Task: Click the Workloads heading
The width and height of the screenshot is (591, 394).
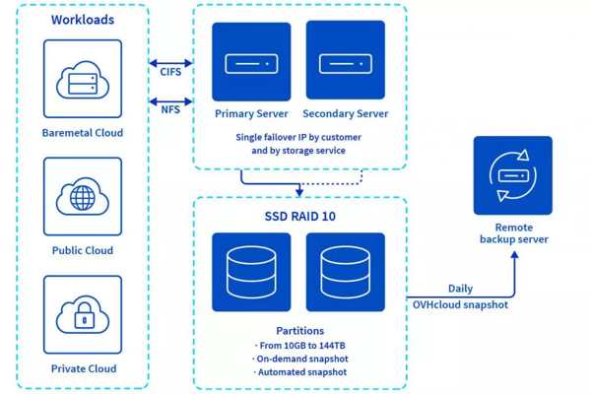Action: click(83, 20)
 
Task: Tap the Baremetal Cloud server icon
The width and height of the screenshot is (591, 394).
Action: click(83, 79)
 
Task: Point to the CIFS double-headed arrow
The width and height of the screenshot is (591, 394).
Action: click(170, 63)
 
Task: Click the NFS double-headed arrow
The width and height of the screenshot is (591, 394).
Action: click(170, 101)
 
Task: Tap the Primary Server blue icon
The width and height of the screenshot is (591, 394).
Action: click(251, 62)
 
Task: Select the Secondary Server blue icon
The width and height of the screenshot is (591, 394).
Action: click(346, 60)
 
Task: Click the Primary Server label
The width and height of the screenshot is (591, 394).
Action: click(251, 113)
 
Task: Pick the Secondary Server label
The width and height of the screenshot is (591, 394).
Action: click(346, 113)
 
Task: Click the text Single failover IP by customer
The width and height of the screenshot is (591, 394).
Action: click(298, 137)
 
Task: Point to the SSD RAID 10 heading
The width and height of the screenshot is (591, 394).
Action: click(300, 216)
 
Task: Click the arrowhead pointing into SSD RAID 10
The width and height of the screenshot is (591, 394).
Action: click(299, 192)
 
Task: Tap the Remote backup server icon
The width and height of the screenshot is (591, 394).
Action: click(513, 175)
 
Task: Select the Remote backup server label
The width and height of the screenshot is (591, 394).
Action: click(514, 233)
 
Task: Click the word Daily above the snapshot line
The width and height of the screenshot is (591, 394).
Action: click(460, 289)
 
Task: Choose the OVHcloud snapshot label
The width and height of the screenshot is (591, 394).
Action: click(460, 304)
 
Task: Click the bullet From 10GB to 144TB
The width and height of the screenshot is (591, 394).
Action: click(300, 346)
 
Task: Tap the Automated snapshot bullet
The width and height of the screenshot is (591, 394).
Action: click(300, 372)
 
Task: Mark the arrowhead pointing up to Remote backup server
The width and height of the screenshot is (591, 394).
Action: click(514, 255)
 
